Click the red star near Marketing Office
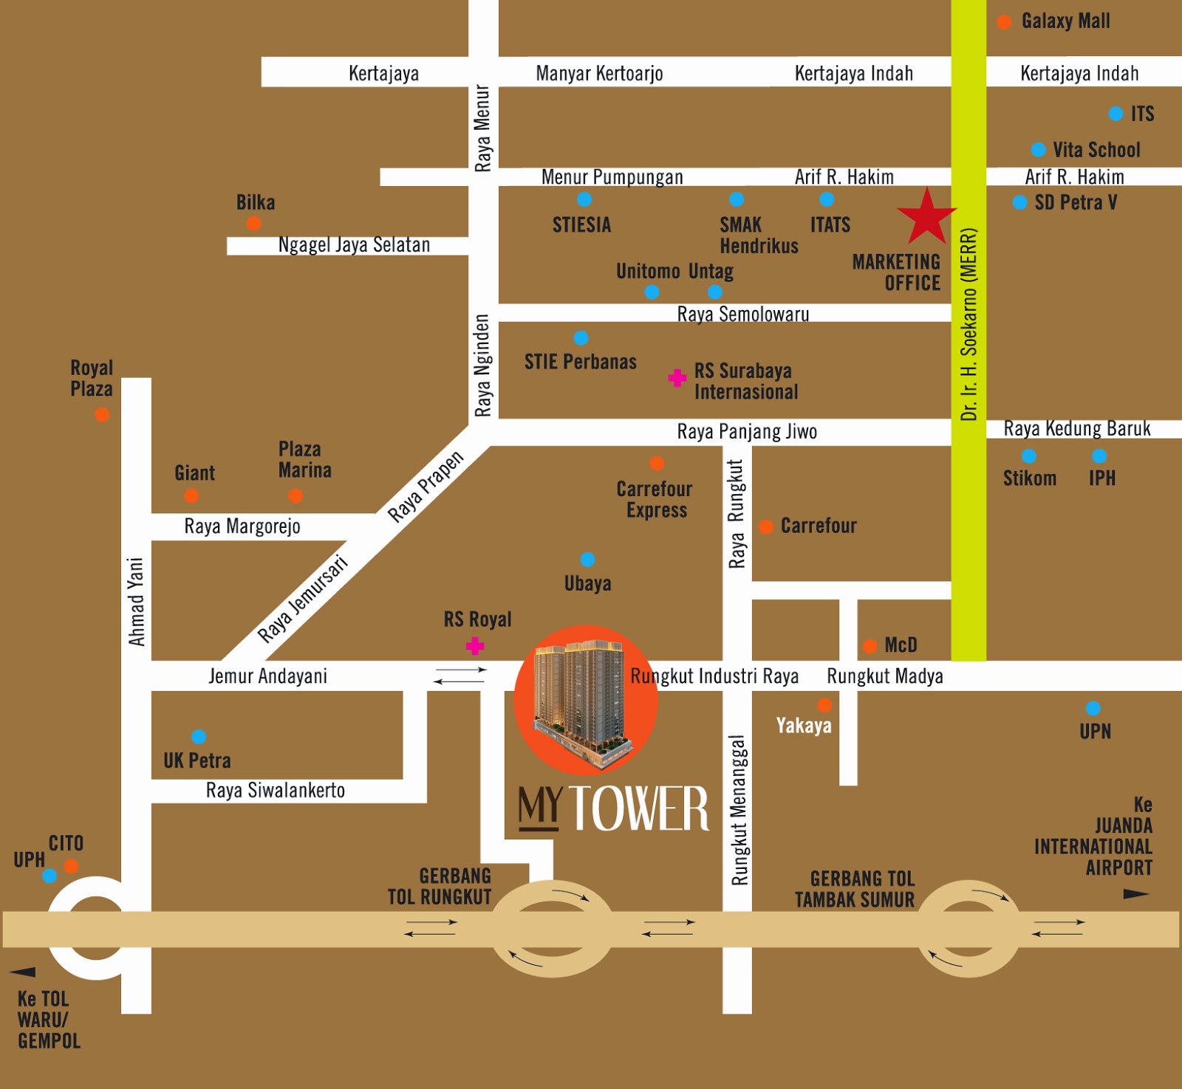pyautogui.click(x=926, y=218)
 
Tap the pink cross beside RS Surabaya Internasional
pyautogui.click(x=677, y=378)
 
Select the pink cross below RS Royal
pyautogui.click(x=475, y=647)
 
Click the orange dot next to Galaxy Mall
pyautogui.click(x=1004, y=22)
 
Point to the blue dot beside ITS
pyautogui.click(x=1116, y=114)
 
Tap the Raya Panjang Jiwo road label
pyautogui.click(x=747, y=431)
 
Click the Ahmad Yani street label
pyautogui.click(x=136, y=602)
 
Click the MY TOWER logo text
pyautogui.click(x=613, y=808)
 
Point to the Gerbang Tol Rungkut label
pyautogui.click(x=440, y=886)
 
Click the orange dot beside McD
pyautogui.click(x=870, y=646)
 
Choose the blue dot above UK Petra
pyautogui.click(x=199, y=736)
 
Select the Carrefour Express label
pyautogui.click(x=655, y=500)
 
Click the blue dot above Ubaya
pyautogui.click(x=587, y=559)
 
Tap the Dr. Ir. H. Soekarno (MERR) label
pyautogui.click(x=969, y=325)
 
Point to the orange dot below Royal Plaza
pyautogui.click(x=102, y=415)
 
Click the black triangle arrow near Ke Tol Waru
pyautogui.click(x=23, y=972)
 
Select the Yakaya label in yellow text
pyautogui.click(x=804, y=726)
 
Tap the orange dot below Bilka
pyautogui.click(x=253, y=223)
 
